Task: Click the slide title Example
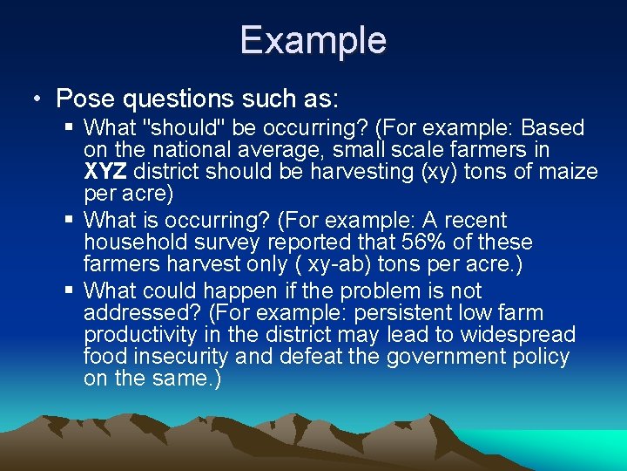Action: point(313,40)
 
